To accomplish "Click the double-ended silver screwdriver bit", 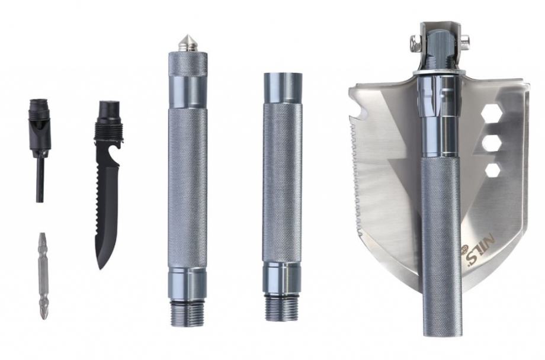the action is pyautogui.click(x=43, y=276).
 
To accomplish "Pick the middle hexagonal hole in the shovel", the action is pyautogui.click(x=492, y=143).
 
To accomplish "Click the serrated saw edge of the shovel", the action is pyautogui.click(x=355, y=177).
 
